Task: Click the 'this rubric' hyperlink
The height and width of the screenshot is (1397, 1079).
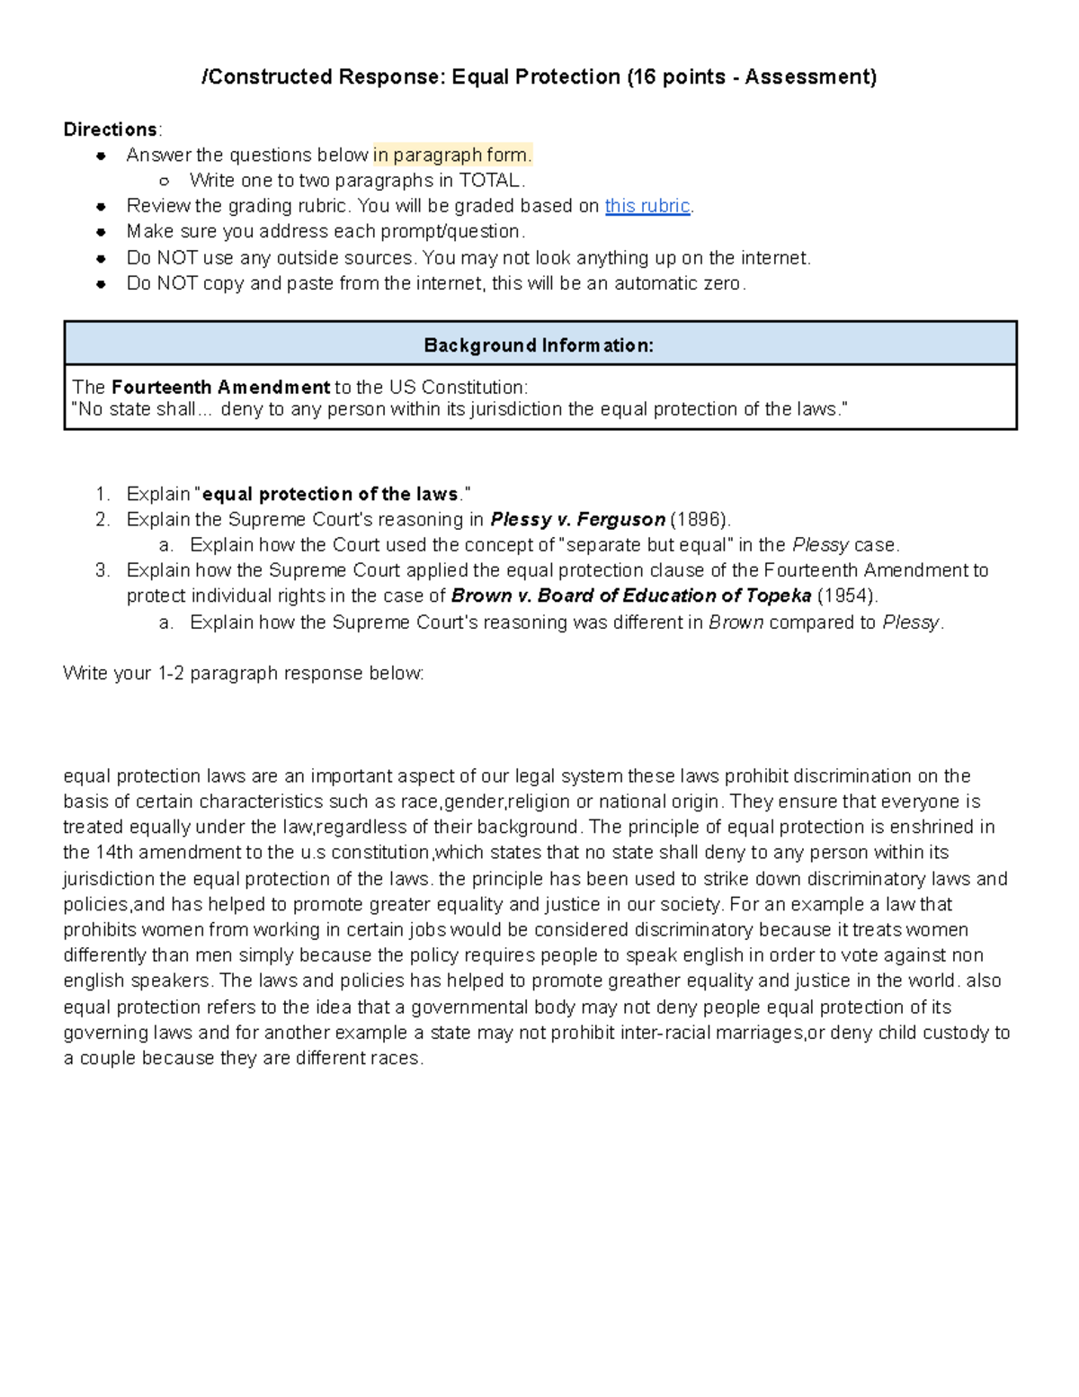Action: coord(647,206)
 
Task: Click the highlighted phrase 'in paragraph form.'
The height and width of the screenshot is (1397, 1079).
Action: coord(452,155)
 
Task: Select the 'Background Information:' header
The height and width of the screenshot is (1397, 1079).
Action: coord(539,345)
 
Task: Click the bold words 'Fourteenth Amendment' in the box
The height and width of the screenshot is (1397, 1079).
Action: coord(220,388)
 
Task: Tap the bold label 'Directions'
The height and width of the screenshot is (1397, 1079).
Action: coord(110,130)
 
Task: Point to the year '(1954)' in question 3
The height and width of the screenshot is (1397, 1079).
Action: coord(846,596)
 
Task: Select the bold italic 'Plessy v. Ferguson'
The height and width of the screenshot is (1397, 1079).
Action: coord(577,519)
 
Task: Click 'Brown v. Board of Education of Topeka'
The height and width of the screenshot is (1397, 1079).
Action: coord(631,596)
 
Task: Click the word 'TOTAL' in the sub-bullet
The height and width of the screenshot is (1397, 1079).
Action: coord(489,180)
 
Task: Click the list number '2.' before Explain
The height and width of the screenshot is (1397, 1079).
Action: coord(103,519)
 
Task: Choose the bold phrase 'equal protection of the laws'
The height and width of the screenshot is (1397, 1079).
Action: coord(330,494)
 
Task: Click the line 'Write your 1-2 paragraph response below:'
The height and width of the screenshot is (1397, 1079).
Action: coord(243,673)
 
